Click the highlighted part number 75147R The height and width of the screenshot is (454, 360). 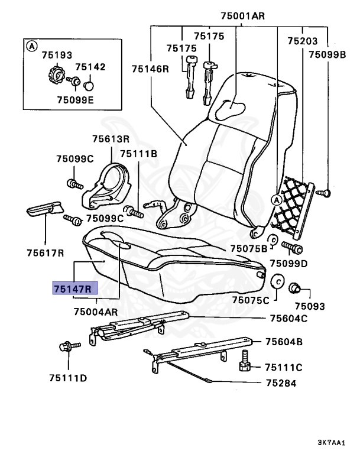[x=72, y=289]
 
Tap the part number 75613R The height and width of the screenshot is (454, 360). [x=111, y=139]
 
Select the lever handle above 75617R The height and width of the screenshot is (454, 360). [x=43, y=209]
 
